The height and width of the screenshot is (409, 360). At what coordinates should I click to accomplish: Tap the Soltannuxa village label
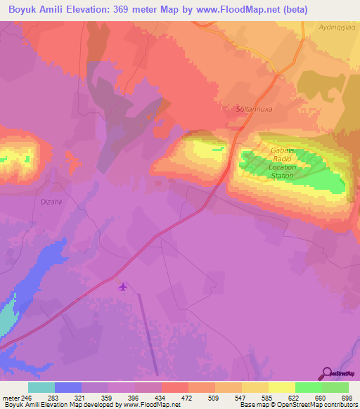(255, 110)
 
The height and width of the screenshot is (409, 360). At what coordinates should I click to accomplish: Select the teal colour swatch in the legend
(41, 387)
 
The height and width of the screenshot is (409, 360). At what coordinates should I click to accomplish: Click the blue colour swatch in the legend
(67, 387)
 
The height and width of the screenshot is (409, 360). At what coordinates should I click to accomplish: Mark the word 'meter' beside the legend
(11, 398)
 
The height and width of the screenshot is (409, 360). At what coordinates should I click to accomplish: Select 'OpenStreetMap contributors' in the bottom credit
(316, 405)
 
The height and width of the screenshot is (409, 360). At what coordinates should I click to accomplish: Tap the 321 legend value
(82, 398)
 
